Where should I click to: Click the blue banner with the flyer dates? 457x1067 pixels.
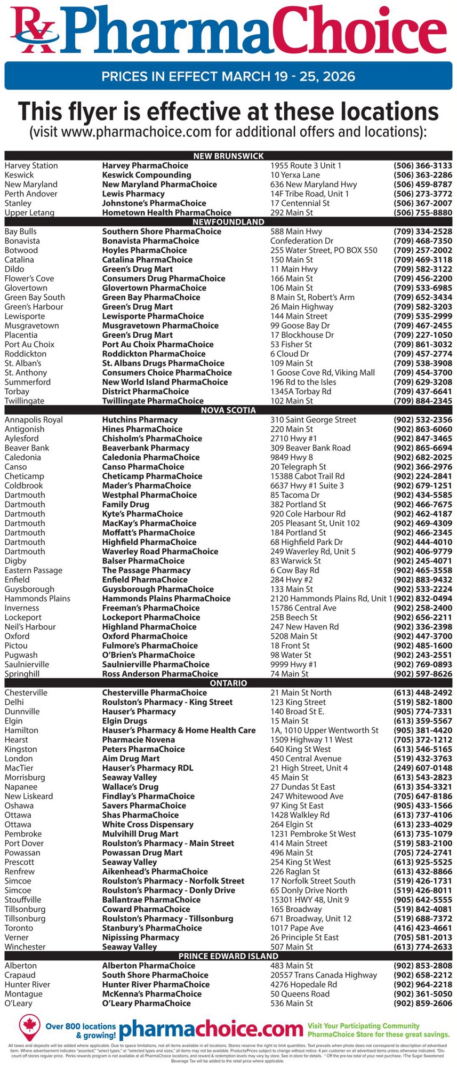point(228,76)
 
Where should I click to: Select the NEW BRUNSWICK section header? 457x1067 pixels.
point(228,156)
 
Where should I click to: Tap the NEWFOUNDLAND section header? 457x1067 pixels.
point(228,222)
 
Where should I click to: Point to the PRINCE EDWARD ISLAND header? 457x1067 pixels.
point(228,956)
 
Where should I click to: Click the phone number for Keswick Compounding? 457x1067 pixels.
point(422,175)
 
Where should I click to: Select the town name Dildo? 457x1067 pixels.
point(14,269)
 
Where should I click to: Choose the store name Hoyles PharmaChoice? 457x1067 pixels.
point(144,250)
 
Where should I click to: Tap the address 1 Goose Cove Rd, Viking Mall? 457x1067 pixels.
point(322,372)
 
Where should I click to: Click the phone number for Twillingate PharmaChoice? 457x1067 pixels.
point(422,401)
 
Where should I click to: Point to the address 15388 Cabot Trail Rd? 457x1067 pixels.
point(307,476)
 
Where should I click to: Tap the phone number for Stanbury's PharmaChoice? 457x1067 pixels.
point(422,928)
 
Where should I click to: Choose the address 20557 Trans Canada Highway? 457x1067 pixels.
point(323,975)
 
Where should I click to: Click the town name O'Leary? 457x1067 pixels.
point(18,1003)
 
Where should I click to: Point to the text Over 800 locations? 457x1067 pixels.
point(81,1026)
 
